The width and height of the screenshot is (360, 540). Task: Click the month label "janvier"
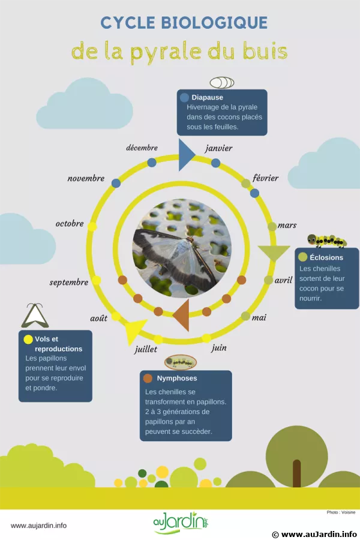click(218, 148)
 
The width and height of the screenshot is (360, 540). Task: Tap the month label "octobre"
click(70, 224)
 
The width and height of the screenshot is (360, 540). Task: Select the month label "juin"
click(219, 347)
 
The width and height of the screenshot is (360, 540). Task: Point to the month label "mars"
click(287, 225)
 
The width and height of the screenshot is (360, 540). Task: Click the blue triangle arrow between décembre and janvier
click(186, 155)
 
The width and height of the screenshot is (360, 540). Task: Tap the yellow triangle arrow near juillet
click(134, 329)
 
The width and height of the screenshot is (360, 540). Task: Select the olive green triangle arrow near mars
click(274, 253)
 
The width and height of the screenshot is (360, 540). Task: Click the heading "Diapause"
click(208, 97)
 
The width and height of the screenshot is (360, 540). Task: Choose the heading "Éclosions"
click(326, 257)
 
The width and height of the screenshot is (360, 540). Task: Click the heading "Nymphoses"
click(177, 378)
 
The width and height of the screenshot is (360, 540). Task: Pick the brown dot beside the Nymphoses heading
click(148, 378)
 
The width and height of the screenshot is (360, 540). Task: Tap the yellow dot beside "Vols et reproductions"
click(28, 339)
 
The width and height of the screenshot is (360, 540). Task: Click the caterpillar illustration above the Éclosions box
click(326, 241)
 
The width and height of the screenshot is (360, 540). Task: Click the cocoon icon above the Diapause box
click(221, 83)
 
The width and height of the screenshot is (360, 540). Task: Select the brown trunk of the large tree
click(296, 473)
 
